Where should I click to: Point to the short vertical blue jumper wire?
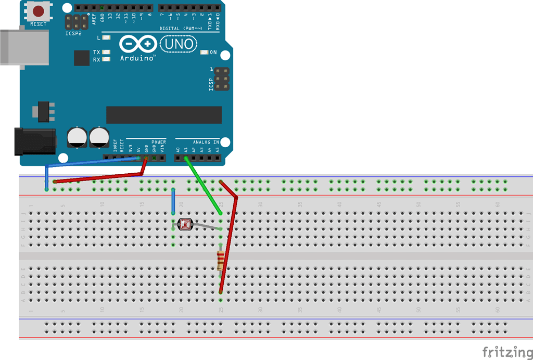click(x=173, y=202)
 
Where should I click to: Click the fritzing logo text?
click(x=503, y=352)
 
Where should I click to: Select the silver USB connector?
click(x=23, y=47)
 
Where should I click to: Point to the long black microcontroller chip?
click(x=163, y=115)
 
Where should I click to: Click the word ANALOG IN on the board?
click(x=206, y=142)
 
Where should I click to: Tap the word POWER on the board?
click(x=159, y=142)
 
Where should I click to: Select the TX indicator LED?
click(x=107, y=52)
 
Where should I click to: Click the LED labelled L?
click(x=107, y=38)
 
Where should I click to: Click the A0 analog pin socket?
click(x=178, y=157)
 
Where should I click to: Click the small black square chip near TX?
click(x=82, y=58)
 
